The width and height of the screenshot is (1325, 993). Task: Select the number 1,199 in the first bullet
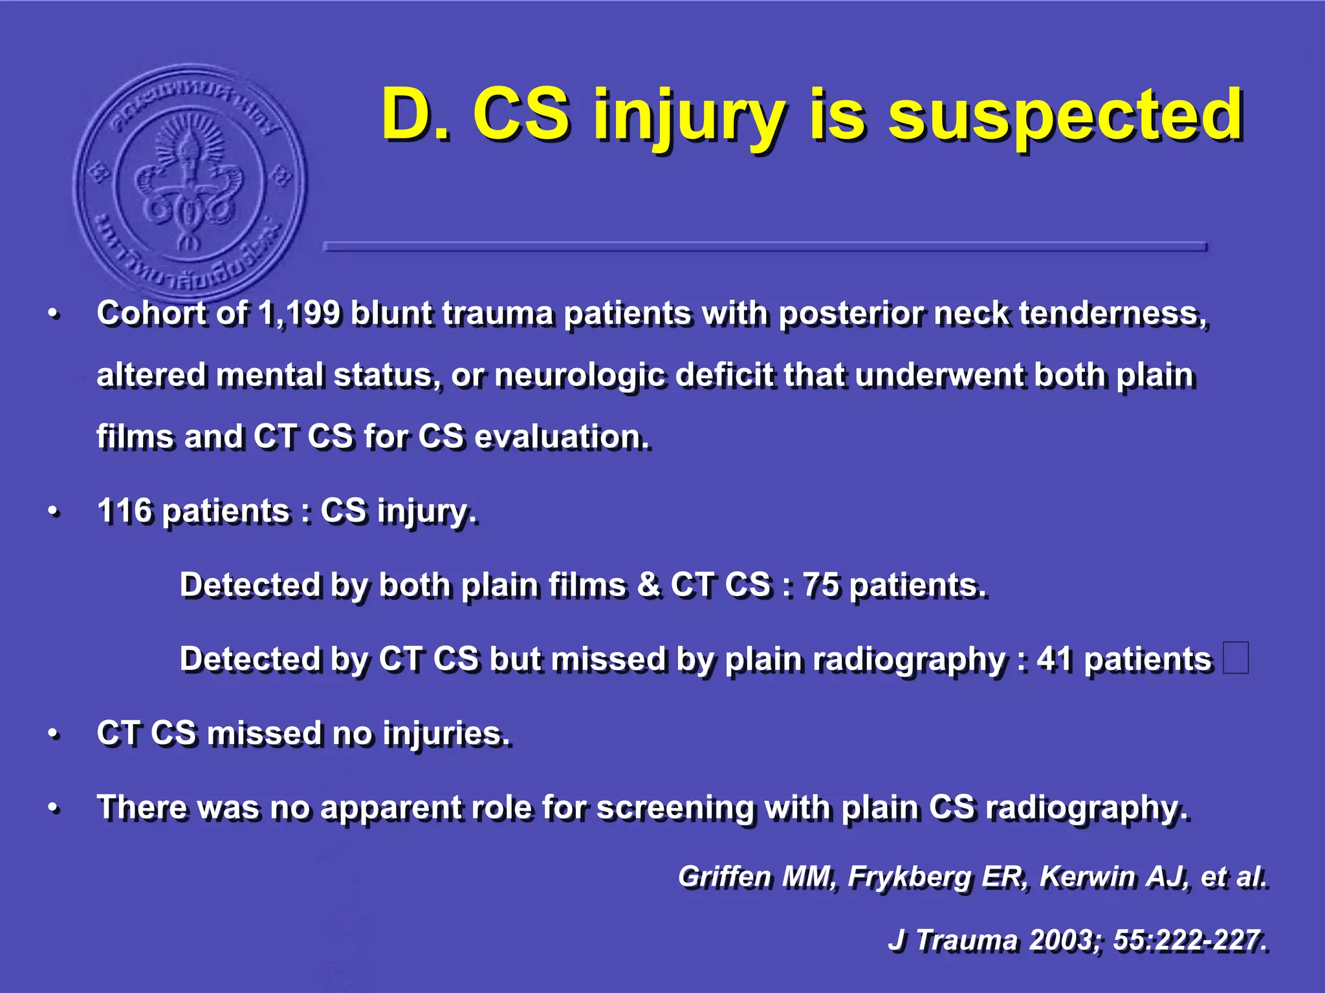pos(299,314)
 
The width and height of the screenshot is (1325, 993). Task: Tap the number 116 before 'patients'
pos(124,511)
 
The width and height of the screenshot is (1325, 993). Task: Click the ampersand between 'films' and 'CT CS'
pos(648,586)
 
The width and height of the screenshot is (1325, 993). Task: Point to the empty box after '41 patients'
pos(1236,658)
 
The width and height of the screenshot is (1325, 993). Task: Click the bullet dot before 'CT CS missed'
pos(54,734)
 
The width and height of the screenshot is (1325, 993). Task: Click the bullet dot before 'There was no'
pos(54,809)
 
